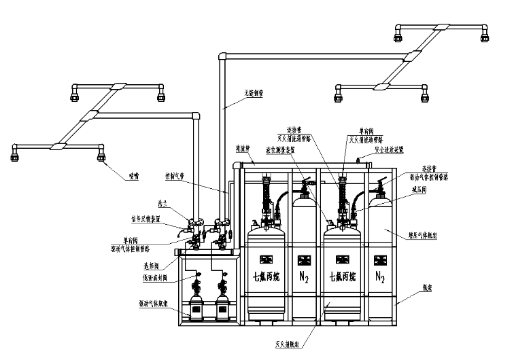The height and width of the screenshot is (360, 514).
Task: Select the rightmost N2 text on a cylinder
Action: [378, 278]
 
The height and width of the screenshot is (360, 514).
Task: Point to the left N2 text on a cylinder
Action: [301, 278]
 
